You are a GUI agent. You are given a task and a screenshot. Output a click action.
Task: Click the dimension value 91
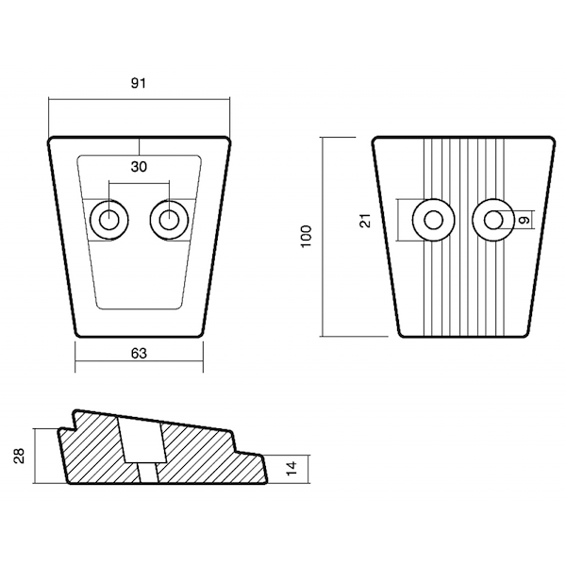tap(139, 83)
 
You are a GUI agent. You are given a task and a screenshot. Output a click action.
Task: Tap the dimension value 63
tap(139, 354)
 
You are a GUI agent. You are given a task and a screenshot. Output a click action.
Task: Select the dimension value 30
tap(139, 167)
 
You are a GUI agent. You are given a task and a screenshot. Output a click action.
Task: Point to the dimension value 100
tap(306, 237)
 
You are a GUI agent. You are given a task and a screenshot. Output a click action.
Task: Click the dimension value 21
tap(366, 220)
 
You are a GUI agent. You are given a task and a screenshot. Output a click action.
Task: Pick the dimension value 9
tap(525, 220)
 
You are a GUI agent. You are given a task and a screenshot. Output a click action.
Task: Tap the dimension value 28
tap(19, 456)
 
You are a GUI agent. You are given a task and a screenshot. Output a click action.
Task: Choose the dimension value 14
tap(291, 468)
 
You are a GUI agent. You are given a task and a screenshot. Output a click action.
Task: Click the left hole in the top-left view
tap(109, 220)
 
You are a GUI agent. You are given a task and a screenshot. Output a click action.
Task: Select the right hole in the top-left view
tap(169, 220)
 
